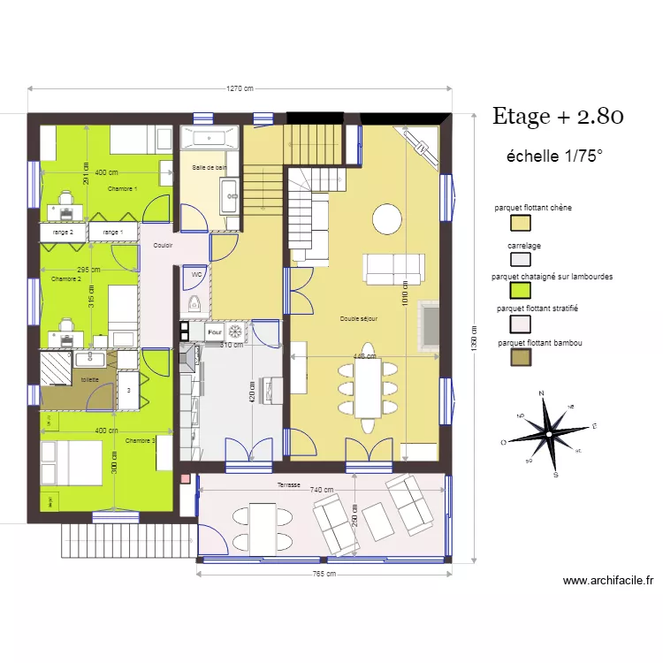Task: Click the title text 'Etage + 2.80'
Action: coord(558,117)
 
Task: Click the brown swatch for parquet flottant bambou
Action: coord(521,357)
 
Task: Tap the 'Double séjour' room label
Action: coord(359,319)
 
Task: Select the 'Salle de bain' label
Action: coord(210,167)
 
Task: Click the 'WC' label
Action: coord(197,275)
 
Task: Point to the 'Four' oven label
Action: coord(213,331)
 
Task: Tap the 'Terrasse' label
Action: coord(288,485)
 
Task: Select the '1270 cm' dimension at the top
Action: coord(240,88)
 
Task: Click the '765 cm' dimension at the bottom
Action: coord(324,574)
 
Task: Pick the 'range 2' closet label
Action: coord(63,232)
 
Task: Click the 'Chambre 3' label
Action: coord(141,440)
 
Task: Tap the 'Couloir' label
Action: coord(163,246)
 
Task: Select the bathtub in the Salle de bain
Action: coord(210,138)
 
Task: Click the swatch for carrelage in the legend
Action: coord(521,259)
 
